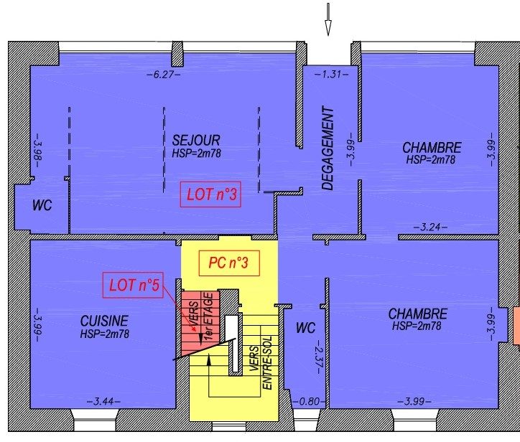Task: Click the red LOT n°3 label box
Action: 210,194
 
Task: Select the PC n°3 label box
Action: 229,263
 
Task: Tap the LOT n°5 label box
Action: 133,285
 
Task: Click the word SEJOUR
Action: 196,140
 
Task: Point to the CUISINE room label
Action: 104,321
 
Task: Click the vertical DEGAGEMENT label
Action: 328,148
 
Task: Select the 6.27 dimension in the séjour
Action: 164,75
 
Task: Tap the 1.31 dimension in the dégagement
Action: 331,74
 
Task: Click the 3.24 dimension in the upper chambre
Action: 430,227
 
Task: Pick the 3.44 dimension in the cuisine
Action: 104,402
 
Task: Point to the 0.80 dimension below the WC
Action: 309,402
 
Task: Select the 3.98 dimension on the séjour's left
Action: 39,151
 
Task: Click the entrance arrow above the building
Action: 328,19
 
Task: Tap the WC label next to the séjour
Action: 42,205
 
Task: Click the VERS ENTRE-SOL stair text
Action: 261,363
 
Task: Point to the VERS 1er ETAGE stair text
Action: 201,316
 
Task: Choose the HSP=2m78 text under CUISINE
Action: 105,334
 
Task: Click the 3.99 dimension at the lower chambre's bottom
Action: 414,402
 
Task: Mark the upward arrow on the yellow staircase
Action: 209,376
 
